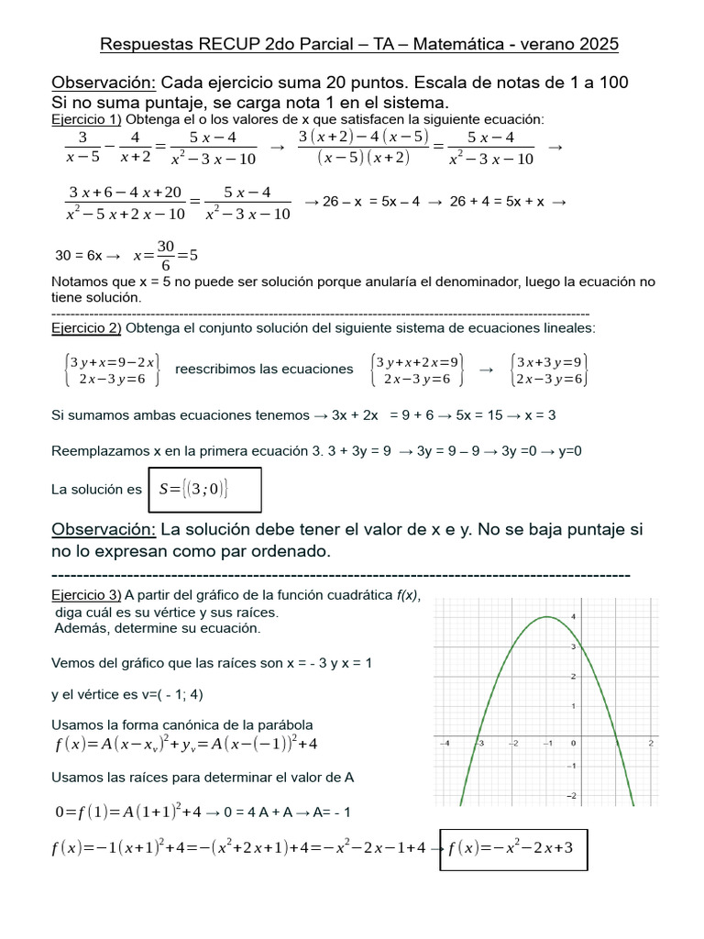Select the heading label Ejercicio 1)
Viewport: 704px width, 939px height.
pos(86,120)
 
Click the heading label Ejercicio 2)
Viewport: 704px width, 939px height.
pos(86,327)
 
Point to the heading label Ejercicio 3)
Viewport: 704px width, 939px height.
pos(86,594)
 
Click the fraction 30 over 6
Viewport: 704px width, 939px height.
pos(165,256)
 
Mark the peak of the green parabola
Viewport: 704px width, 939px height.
pos(546,617)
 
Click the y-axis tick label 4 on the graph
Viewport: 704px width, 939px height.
pos(572,616)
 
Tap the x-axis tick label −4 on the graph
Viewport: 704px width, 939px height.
pos(445,743)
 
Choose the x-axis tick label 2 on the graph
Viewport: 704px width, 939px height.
pos(649,743)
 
